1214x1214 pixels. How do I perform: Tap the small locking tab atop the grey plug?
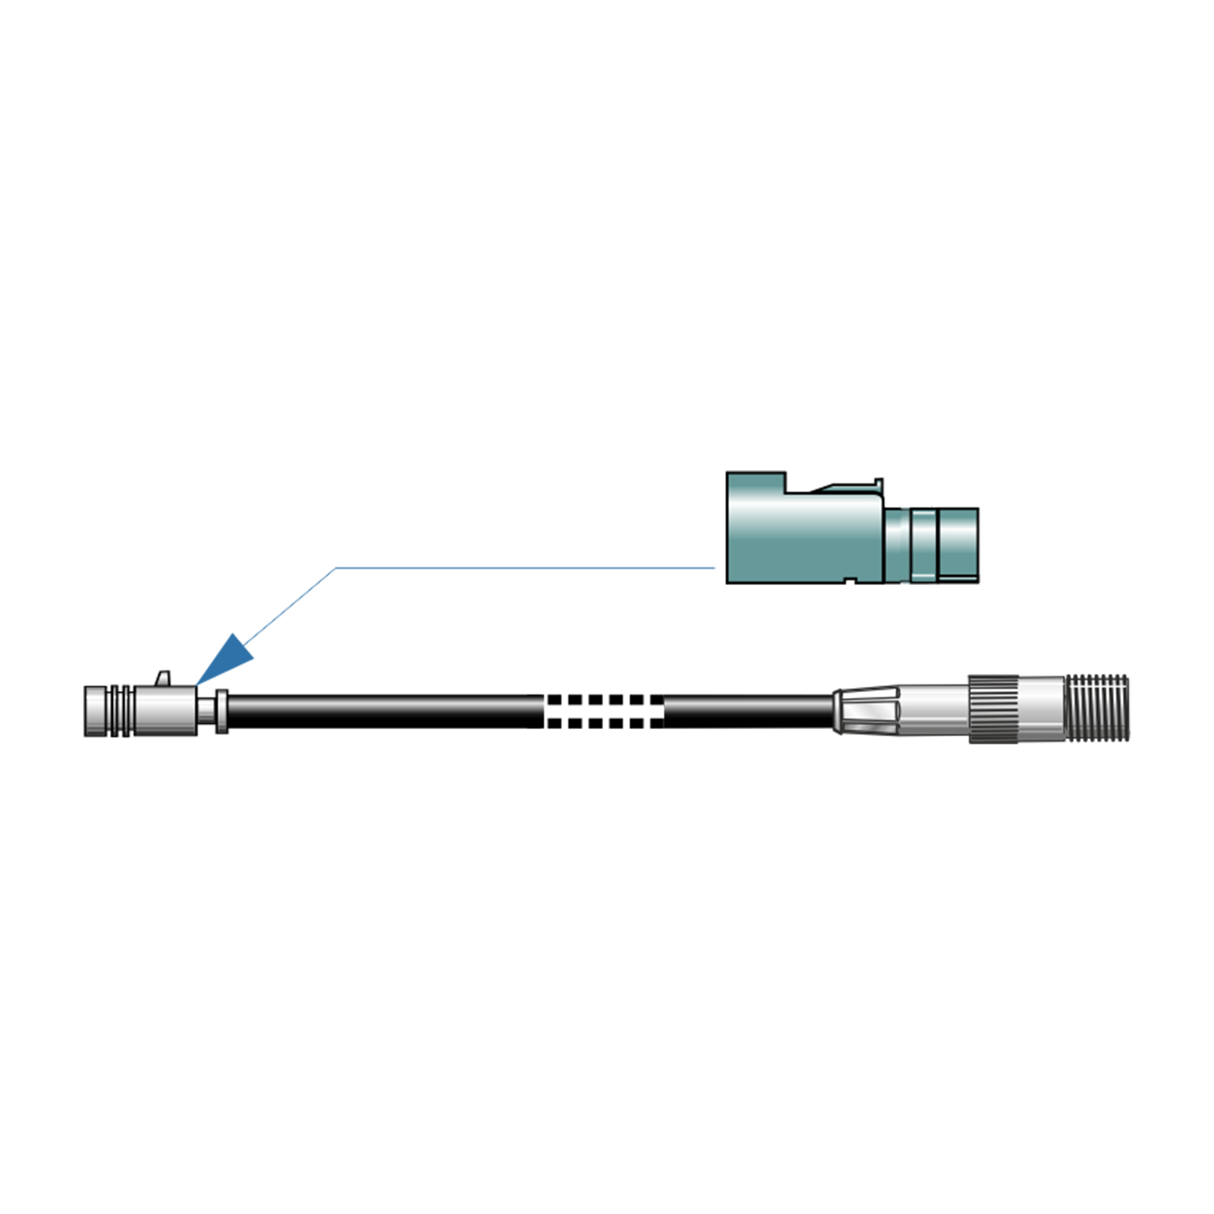pyautogui.click(x=163, y=678)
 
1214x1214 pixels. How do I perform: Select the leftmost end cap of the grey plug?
pyautogui.click(x=96, y=711)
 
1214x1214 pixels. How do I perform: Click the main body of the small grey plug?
pyautogui.click(x=165, y=711)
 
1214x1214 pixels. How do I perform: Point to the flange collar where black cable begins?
pyautogui.click(x=222, y=712)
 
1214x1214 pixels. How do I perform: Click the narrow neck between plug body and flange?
pyautogui.click(x=206, y=712)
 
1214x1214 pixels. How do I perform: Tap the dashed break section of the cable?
pyautogui.click(x=605, y=712)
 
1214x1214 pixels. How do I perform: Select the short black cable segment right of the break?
pyautogui.click(x=747, y=712)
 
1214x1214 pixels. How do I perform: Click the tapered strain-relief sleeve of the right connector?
pyautogui.click(x=865, y=711)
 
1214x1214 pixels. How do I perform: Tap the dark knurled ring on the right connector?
pyautogui.click(x=993, y=708)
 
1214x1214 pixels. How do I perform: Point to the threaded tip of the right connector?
pyautogui.click(x=1097, y=708)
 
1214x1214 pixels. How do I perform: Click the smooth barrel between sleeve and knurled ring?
pyautogui.click(x=933, y=710)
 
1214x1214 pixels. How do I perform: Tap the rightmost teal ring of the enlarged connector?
pyautogui.click(x=959, y=545)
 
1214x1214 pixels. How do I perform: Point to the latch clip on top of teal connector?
pyautogui.click(x=850, y=487)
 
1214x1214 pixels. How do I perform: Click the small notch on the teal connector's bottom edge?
pyautogui.click(x=851, y=580)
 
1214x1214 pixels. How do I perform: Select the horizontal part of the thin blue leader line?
pyautogui.click(x=524, y=568)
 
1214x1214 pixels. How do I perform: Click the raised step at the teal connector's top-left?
pyautogui.click(x=756, y=483)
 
